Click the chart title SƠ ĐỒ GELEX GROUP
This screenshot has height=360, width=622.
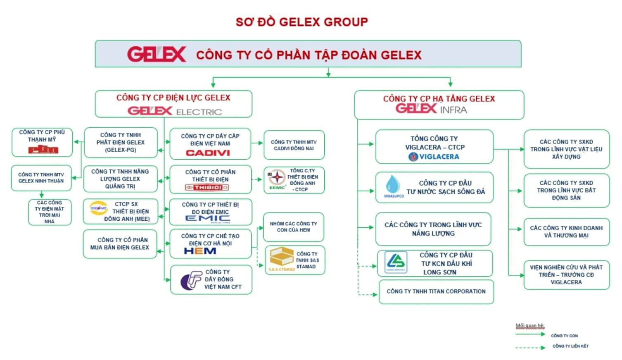click(302, 22)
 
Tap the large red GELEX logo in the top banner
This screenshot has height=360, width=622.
click(157, 54)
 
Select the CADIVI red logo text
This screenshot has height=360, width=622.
click(208, 153)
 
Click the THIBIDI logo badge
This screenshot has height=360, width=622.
click(207, 188)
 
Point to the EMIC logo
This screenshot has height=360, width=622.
click(208, 219)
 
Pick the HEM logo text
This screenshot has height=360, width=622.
click(200, 251)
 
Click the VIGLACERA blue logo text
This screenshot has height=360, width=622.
click(434, 157)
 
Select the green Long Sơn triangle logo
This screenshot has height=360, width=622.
click(396, 262)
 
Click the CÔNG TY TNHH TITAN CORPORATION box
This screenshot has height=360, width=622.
click(436, 292)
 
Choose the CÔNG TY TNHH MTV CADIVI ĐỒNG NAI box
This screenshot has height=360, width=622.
click(294, 145)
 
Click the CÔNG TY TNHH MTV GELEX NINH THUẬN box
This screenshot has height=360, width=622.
click(41, 178)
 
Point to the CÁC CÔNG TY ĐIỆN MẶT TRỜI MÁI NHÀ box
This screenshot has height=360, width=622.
click(50, 212)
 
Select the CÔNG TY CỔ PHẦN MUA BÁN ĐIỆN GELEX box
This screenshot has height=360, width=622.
click(120, 244)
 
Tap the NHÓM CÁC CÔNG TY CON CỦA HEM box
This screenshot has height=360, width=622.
click(293, 227)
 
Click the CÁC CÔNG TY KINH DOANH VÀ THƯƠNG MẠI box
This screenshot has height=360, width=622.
click(566, 232)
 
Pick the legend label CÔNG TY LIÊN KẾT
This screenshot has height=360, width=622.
click(570, 346)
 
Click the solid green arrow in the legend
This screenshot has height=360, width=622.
click(530, 334)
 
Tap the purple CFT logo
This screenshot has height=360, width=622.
click(190, 280)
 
